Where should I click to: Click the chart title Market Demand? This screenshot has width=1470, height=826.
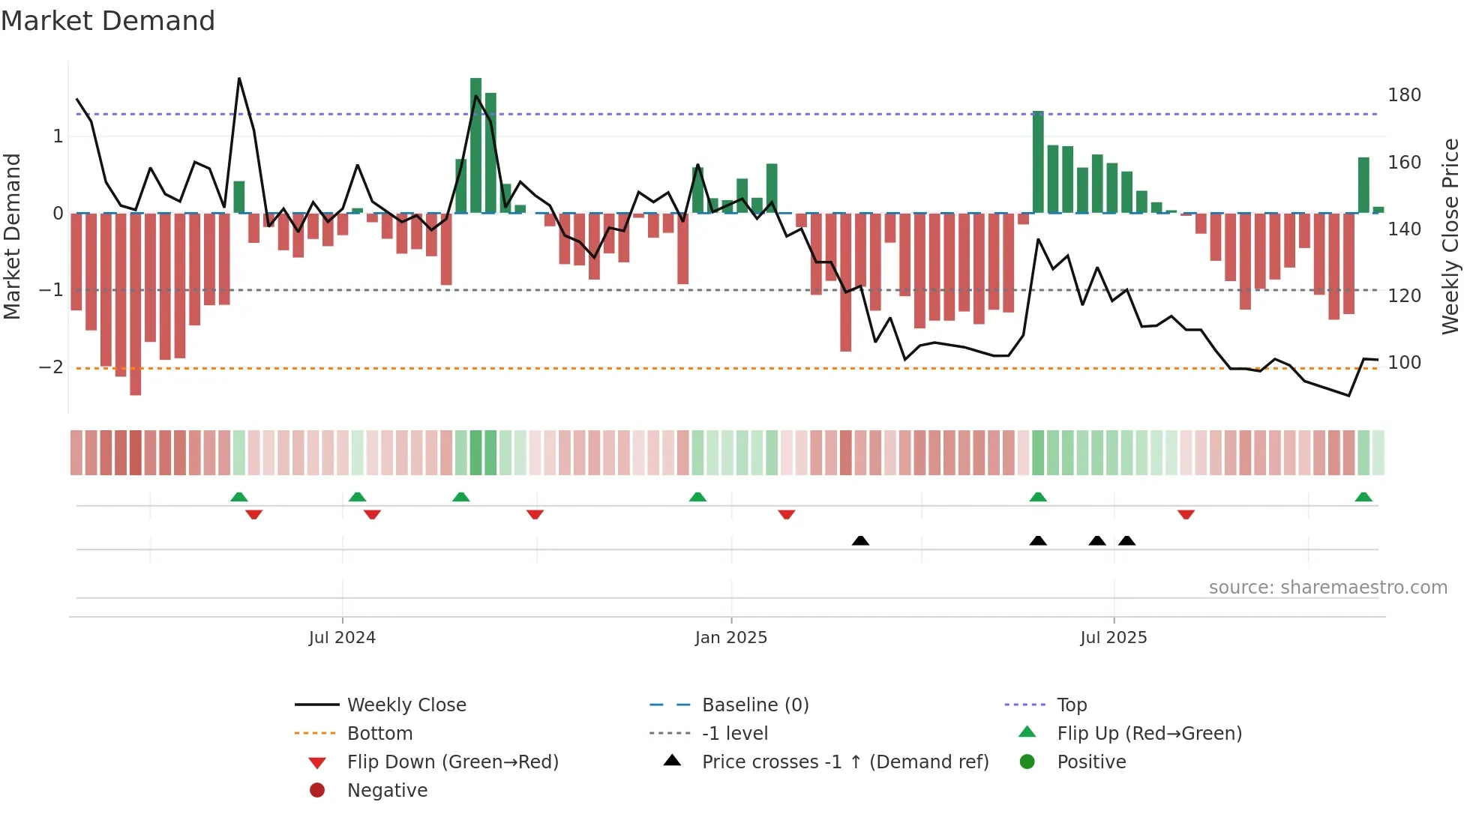coord(108,21)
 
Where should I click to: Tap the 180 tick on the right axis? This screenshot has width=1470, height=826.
coord(1404,95)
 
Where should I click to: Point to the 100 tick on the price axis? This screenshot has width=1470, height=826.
coord(1404,363)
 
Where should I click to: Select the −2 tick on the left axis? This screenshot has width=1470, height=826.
coord(51,367)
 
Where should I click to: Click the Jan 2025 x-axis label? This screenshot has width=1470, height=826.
coord(730,638)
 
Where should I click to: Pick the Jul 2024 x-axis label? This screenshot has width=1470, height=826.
coord(342,638)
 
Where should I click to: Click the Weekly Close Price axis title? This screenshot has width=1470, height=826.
coord(1450,236)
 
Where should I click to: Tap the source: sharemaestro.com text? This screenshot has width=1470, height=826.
coord(1327,588)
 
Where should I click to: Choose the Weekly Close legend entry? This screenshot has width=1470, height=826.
coord(406,705)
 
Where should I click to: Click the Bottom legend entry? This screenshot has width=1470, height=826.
coord(379,734)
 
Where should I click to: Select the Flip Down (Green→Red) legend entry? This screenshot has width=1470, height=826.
coord(452,762)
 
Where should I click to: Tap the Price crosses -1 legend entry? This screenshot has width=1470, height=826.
coord(844,762)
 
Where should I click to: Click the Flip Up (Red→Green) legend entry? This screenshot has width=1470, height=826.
coord(1149,734)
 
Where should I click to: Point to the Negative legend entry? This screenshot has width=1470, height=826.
coord(387,791)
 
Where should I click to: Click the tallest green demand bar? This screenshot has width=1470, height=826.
coord(475,146)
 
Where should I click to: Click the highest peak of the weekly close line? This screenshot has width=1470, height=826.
coord(239,79)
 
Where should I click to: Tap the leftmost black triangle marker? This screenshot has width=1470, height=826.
coord(860,540)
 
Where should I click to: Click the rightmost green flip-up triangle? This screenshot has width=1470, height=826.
coord(1363,497)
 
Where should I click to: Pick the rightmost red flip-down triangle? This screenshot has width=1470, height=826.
coord(1186,514)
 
